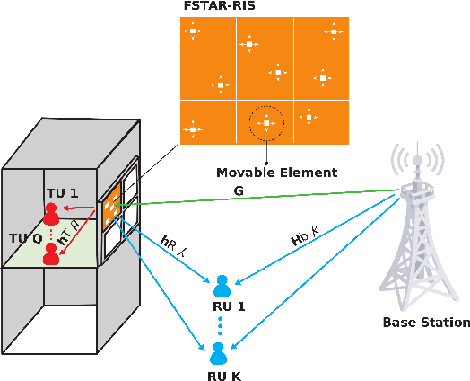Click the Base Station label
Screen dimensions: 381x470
[425, 322]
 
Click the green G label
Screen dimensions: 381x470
[239, 190]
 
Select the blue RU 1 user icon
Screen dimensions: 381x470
[221, 286]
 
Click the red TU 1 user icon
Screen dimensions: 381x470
[51, 214]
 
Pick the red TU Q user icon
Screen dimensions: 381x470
[51, 254]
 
